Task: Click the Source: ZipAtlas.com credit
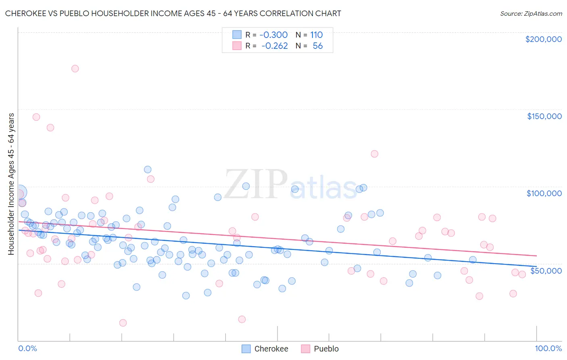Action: tap(531, 13)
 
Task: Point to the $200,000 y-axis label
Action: tap(543, 39)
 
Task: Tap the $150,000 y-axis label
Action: tap(544, 116)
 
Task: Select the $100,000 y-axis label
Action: tap(544, 193)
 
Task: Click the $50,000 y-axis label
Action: tap(546, 270)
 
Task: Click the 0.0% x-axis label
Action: tap(27, 348)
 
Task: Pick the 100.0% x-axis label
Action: tap(548, 348)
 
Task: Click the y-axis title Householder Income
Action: tap(11, 184)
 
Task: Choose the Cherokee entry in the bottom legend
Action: tap(271, 349)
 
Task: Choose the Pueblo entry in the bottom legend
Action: tap(326, 349)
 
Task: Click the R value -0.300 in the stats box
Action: tap(273, 35)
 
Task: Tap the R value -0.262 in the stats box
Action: tap(274, 46)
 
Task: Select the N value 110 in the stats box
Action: tap(316, 35)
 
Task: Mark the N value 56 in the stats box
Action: tap(317, 46)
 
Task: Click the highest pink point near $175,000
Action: tap(75, 69)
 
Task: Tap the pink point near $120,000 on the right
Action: tap(374, 154)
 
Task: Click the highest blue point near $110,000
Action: tap(148, 170)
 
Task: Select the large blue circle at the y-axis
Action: tap(19, 193)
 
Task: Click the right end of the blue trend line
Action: tap(536, 267)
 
